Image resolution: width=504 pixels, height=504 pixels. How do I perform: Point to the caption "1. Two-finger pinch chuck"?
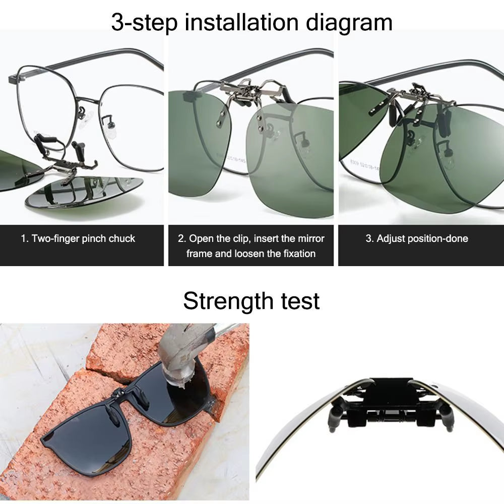[78, 238]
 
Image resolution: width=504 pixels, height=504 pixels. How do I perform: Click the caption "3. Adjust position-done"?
[417, 238]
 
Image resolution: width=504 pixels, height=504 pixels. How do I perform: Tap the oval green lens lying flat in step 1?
[86, 194]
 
